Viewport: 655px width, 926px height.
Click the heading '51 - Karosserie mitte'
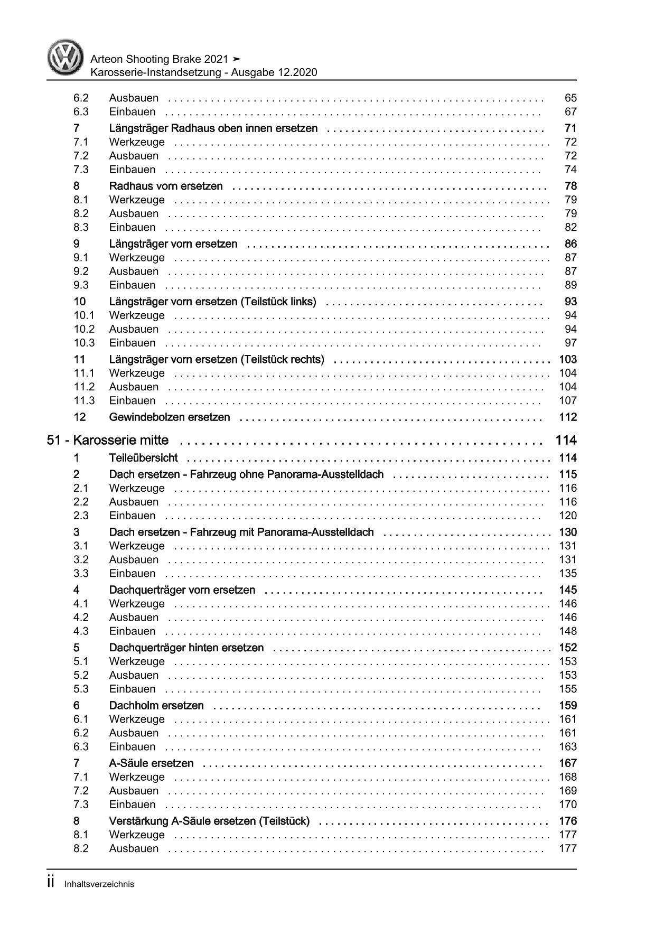(108, 440)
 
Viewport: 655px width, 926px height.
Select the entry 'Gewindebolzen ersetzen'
(170, 417)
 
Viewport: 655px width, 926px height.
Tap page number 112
(567, 417)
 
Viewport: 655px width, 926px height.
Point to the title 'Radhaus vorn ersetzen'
(166, 186)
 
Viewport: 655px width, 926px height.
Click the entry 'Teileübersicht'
(143, 458)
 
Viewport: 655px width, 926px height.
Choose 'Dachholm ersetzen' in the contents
(156, 705)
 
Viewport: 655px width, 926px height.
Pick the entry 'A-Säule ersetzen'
(151, 763)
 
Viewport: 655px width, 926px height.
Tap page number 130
(567, 532)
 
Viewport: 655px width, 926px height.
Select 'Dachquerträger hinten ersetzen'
(186, 648)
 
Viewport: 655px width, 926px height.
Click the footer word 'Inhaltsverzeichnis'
(99, 884)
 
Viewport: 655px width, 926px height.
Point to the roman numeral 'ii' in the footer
(51, 883)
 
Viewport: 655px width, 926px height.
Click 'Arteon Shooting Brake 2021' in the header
(160, 59)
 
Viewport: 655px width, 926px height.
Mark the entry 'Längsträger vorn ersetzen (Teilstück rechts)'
(217, 360)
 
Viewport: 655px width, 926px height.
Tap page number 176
(567, 821)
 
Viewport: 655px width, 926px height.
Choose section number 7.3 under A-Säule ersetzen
(81, 805)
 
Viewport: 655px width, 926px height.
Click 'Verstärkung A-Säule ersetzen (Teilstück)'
(209, 821)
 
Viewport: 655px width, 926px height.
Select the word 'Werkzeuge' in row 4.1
(137, 604)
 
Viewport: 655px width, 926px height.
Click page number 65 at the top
(570, 98)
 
